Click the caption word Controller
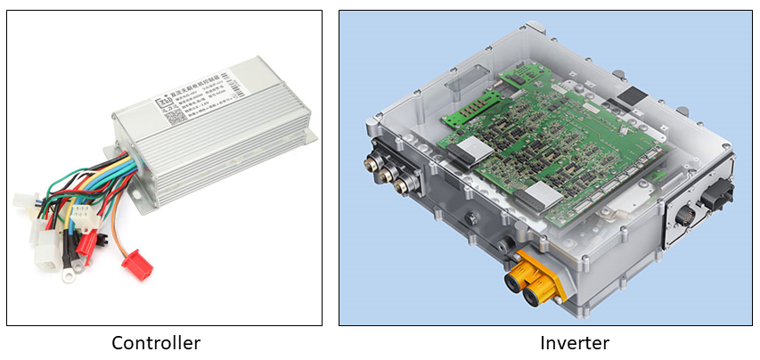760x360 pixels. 156,343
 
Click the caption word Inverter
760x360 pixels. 574,343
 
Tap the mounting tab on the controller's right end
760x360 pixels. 308,135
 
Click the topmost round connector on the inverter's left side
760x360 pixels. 371,163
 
